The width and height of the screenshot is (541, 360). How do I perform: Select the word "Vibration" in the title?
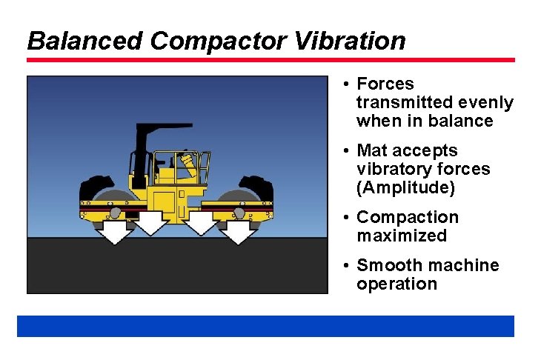[350, 41]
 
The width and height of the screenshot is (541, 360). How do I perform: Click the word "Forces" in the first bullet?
[385, 84]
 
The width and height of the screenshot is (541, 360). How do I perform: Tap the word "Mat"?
[372, 151]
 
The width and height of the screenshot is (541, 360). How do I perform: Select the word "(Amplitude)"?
[405, 188]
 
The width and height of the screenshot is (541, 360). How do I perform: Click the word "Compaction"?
[408, 218]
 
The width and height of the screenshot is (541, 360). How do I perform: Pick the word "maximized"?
[402, 236]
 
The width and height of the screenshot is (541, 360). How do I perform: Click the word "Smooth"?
[390, 266]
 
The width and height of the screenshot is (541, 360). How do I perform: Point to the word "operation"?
[396, 284]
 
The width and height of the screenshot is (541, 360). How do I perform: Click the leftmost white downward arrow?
[114, 230]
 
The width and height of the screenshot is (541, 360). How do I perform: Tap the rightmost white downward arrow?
[238, 230]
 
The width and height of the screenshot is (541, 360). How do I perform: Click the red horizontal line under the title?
[270, 60]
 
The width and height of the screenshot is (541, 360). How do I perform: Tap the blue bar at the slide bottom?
[265, 326]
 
